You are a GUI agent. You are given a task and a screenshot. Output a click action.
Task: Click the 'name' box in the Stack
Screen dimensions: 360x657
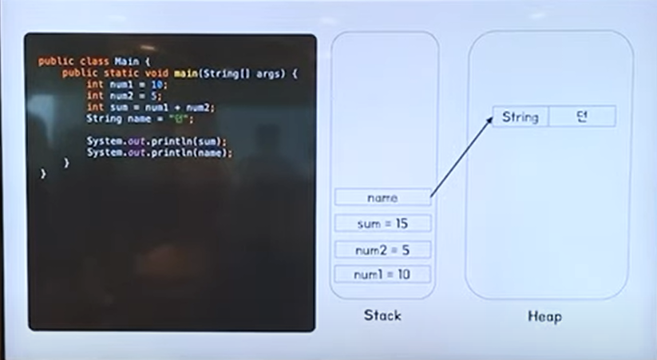pyautogui.click(x=382, y=197)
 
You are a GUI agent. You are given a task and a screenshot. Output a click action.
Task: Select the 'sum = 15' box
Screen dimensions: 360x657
pyautogui.click(x=382, y=224)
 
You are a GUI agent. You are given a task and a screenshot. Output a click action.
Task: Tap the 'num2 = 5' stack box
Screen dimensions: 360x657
pyautogui.click(x=382, y=250)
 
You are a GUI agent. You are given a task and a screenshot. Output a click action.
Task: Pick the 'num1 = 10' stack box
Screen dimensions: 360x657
pyautogui.click(x=382, y=275)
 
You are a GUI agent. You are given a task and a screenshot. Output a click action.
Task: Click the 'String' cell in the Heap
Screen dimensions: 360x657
pyautogui.click(x=520, y=117)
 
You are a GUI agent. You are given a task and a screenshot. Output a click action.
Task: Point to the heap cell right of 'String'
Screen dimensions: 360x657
pyautogui.click(x=582, y=117)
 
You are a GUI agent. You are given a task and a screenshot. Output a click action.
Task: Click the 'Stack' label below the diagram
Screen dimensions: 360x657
pyautogui.click(x=382, y=315)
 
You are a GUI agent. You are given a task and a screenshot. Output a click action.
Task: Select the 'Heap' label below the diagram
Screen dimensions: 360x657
pyautogui.click(x=544, y=317)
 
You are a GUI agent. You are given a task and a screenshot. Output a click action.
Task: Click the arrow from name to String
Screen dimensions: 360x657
pyautogui.click(x=461, y=156)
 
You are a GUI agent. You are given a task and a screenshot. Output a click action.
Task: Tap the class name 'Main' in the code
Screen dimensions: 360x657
pyautogui.click(x=126, y=61)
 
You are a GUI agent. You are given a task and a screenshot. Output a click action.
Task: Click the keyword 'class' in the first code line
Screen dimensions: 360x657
pyautogui.click(x=93, y=61)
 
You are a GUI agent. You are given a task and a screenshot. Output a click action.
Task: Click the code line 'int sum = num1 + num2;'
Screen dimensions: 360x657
pyautogui.click(x=151, y=107)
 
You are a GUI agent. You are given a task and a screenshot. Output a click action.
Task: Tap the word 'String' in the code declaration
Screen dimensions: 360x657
pyautogui.click(x=103, y=119)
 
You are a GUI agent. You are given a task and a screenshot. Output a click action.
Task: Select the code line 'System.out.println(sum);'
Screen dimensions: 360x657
pyautogui.click(x=156, y=141)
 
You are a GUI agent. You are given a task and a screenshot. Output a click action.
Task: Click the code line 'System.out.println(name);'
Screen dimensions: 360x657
pyautogui.click(x=160, y=152)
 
